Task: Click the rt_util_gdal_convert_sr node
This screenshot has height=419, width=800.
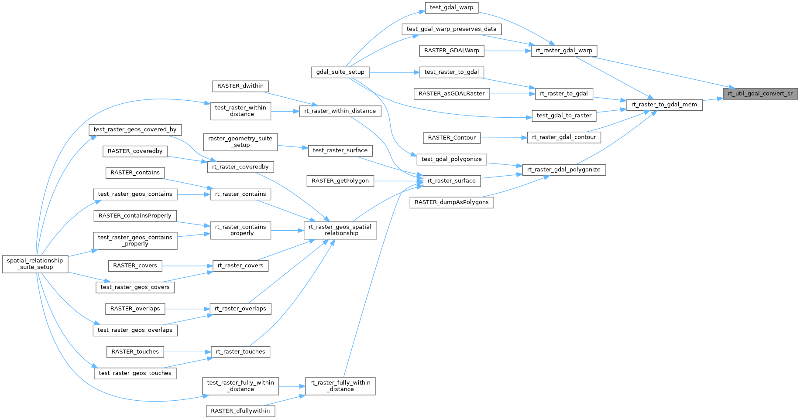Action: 760,94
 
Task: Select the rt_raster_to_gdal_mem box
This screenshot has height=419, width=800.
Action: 664,105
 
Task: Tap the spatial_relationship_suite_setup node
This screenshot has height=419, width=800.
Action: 35,264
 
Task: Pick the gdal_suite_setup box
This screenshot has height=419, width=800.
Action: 340,72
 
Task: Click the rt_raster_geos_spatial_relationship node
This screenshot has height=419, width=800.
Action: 340,230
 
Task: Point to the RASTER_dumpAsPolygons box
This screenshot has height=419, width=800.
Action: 451,202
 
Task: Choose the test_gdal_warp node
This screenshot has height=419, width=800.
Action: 451,7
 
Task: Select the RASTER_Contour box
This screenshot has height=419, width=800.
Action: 451,138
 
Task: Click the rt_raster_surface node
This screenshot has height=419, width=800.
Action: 451,181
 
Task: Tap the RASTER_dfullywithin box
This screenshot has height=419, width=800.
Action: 240,411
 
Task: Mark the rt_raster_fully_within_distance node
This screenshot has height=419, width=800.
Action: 340,386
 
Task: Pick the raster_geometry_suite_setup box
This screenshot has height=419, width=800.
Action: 240,142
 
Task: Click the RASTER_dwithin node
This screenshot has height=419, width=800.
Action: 240,86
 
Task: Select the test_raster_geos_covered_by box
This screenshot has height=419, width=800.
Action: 135,129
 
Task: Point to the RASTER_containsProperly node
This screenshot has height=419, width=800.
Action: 135,215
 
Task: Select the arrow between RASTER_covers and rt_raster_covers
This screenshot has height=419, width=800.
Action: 187,266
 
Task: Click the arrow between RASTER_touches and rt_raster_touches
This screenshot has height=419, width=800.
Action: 187,351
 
